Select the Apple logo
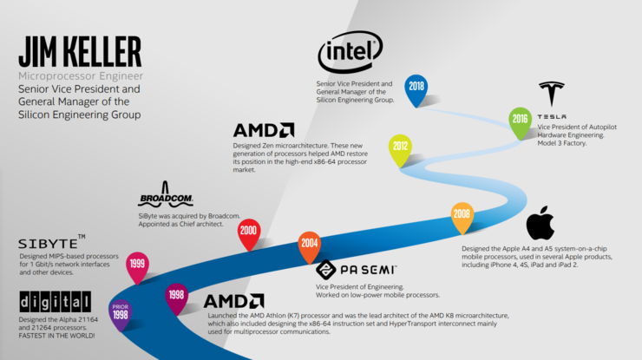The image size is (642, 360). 540,223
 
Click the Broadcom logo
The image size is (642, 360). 165,197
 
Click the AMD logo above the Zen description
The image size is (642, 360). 263,131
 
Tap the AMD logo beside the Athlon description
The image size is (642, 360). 234,301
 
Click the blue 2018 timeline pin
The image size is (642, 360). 416,88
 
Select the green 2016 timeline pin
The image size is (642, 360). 521,121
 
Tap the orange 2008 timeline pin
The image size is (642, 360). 462,216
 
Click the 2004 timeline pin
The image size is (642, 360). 309,245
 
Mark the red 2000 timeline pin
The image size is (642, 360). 249,232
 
